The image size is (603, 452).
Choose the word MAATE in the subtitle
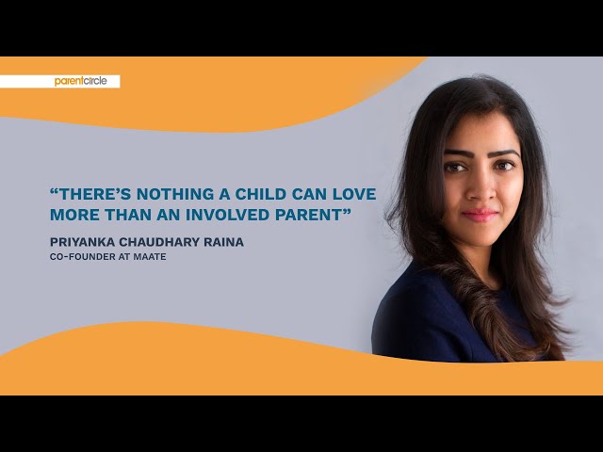pyautogui.click(x=151, y=256)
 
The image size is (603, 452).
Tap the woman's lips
pyautogui.click(x=481, y=214)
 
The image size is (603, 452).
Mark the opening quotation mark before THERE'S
pyautogui.click(x=55, y=192)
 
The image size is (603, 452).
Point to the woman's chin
pyautogui.click(x=481, y=235)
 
